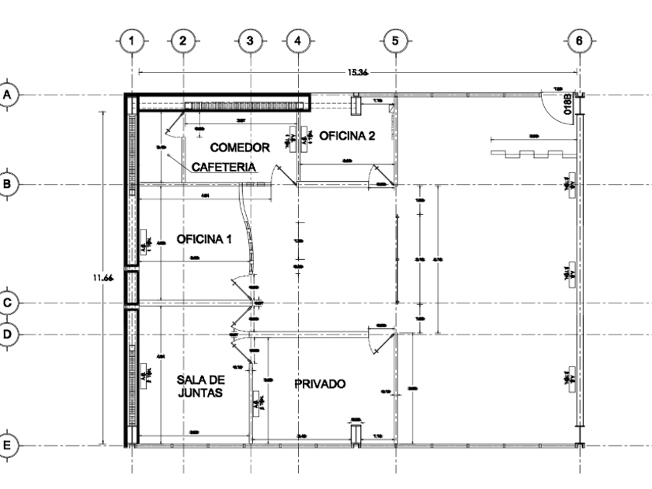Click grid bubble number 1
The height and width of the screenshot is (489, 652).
133,39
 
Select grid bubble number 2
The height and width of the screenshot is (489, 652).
182,39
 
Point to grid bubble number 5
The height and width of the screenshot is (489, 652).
395,39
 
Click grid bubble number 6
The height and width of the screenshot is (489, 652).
579,39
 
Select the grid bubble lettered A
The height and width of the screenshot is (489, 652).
9,94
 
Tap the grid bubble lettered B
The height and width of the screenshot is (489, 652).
9,184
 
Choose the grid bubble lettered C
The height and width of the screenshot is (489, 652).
9,303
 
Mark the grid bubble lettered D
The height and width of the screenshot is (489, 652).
9,334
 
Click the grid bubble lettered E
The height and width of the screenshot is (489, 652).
9,446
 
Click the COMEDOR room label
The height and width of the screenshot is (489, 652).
240,147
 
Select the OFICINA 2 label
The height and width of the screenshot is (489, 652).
347,136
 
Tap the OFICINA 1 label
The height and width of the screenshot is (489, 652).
204,239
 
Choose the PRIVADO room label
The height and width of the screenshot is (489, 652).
319,383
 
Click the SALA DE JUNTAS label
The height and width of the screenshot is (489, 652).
200,386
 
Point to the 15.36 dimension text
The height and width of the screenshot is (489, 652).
358,72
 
